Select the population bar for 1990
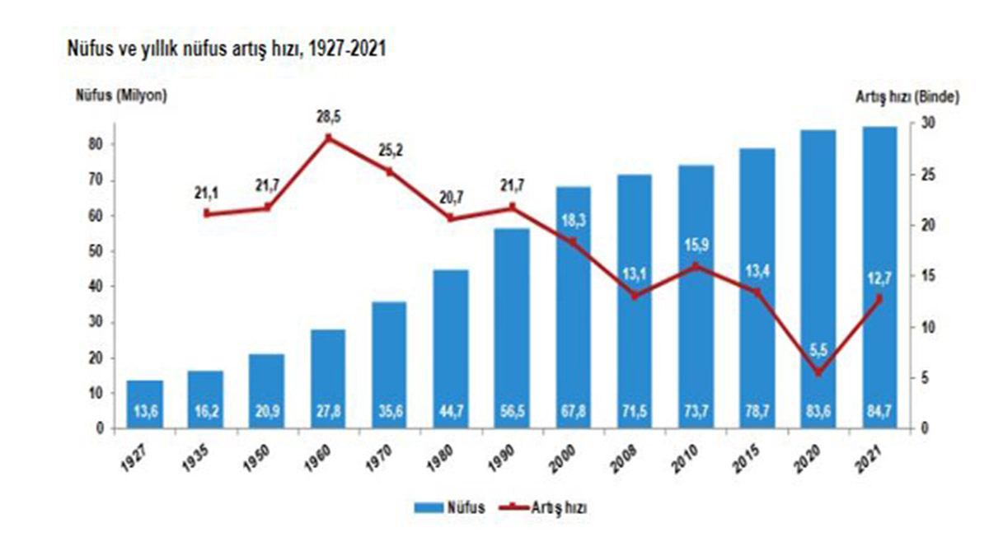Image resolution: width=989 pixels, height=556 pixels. [512, 329]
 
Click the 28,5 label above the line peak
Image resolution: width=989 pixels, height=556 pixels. [328, 118]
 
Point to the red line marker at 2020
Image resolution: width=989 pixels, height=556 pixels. [818, 373]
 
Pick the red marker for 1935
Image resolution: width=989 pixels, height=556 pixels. [206, 213]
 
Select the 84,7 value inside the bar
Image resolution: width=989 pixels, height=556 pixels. [879, 412]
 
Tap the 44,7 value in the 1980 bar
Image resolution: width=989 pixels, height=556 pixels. [451, 412]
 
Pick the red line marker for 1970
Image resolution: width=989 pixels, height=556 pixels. [390, 172]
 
